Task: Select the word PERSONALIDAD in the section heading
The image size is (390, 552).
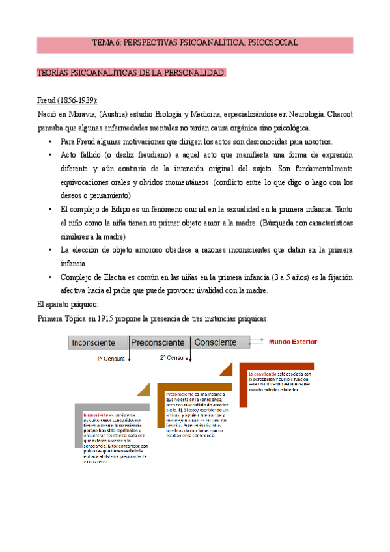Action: coord(194,73)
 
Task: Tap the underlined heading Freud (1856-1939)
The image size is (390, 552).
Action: coord(67,100)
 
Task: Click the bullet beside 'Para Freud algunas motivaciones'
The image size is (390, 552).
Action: coord(51,141)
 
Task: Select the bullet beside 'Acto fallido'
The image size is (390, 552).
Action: coord(51,155)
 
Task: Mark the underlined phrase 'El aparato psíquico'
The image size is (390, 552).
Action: coord(68,305)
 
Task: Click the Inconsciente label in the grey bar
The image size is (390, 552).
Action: coord(94,342)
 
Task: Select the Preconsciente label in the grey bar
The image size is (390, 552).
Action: coord(159,342)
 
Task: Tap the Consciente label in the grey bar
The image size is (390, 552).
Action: coord(216,342)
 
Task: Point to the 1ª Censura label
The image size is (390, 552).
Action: coord(112,359)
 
